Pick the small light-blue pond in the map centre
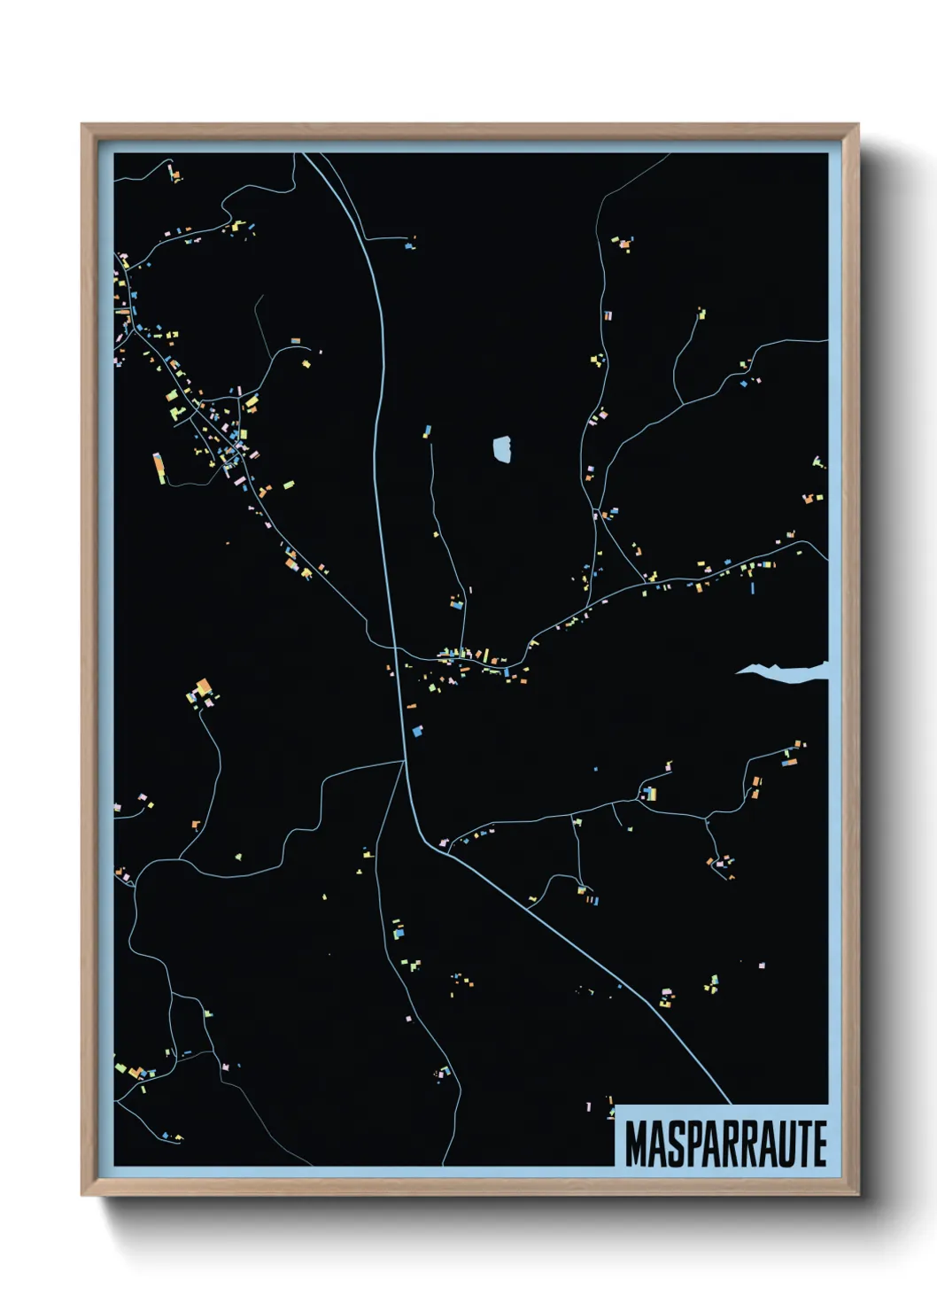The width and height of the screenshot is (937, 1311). (503, 449)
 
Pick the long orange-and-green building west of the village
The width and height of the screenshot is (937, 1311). (159, 467)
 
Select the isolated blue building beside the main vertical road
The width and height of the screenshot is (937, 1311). (417, 731)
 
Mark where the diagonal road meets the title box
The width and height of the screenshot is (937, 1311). (731, 1104)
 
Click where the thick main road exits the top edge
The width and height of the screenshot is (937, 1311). (306, 155)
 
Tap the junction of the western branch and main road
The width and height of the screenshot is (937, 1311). (404, 760)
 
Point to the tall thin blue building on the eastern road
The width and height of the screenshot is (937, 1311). (753, 586)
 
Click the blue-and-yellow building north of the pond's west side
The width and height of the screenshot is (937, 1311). (427, 431)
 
